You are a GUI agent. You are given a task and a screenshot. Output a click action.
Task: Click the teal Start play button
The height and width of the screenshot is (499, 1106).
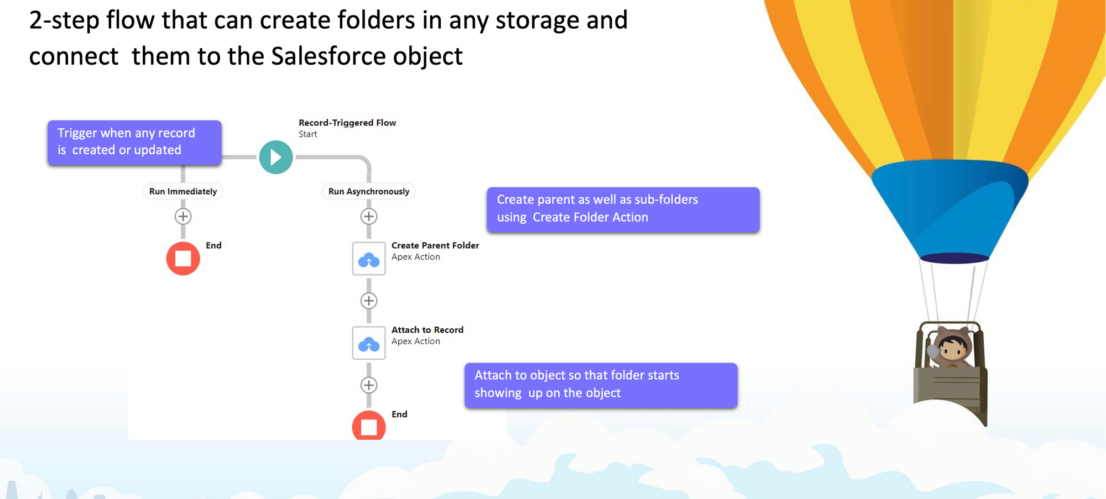point(276,157)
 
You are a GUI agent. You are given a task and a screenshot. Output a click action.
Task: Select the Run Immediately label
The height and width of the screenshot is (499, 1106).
point(183,191)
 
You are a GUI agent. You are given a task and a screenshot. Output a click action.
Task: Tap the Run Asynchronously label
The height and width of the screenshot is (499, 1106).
point(369,191)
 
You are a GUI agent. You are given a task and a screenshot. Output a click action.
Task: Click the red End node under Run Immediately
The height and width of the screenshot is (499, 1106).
point(183,258)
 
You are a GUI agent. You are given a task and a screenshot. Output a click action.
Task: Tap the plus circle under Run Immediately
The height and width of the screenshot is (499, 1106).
point(183,216)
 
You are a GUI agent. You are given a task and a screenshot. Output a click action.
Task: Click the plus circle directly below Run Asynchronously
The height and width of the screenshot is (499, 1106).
point(369,216)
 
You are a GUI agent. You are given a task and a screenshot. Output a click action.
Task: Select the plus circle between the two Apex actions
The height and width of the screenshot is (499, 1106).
point(369,301)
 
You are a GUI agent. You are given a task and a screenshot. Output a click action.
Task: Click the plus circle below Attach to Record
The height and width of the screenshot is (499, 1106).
point(369,385)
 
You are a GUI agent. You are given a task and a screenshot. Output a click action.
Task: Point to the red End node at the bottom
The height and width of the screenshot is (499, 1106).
point(369,426)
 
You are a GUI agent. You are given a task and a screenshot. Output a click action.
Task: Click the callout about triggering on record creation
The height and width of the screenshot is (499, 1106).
point(134,143)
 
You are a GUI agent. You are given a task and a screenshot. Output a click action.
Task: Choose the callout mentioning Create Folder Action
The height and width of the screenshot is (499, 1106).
point(623,209)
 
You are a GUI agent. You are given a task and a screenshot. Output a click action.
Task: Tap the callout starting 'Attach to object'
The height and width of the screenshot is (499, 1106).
point(601,385)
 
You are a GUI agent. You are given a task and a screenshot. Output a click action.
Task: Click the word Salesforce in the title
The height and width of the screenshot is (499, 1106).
point(328,56)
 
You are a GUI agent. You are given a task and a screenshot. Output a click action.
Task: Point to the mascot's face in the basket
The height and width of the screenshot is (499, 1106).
point(952,349)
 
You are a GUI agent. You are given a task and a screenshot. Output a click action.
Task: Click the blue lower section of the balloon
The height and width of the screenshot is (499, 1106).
point(950,210)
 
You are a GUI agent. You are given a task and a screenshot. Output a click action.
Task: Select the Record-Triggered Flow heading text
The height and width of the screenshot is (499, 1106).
point(347,123)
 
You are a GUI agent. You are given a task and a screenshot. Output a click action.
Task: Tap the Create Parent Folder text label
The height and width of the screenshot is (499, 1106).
point(435,245)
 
